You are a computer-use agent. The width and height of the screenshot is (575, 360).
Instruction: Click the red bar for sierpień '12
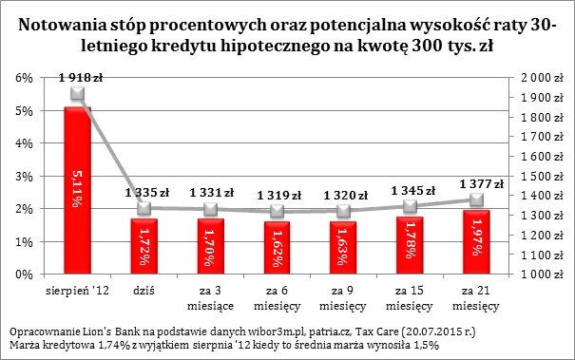click(x=77, y=190)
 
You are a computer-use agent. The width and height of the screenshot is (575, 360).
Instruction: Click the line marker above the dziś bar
click(x=145, y=208)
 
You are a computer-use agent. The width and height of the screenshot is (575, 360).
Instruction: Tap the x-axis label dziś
click(x=145, y=284)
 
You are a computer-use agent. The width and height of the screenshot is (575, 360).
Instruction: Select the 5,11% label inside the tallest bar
click(x=77, y=190)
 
